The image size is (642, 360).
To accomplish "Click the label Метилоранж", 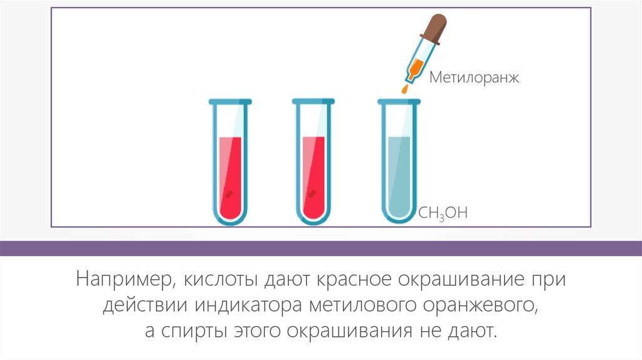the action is tap(475, 78).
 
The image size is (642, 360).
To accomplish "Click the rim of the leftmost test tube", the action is tap(229, 101).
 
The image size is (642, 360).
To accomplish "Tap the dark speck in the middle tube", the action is tap(312, 194).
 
